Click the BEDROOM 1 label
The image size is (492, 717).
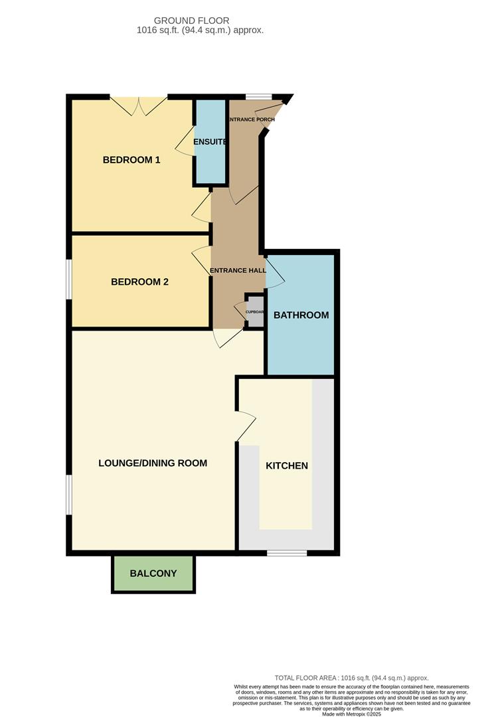click(131, 160)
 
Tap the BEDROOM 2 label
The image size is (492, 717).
click(139, 281)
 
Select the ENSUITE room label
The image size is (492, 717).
click(210, 142)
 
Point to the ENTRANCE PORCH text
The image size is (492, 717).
click(251, 119)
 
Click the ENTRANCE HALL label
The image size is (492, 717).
click(238, 271)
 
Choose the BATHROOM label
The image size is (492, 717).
click(301, 315)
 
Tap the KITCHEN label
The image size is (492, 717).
click(287, 465)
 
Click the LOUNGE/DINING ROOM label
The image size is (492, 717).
click(153, 463)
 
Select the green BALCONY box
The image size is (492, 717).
click(153, 573)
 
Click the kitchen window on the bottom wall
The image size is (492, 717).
click(286, 552)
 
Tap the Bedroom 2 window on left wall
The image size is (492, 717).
click(68, 279)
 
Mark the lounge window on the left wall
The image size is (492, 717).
click(68, 495)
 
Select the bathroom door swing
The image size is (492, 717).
click(275, 274)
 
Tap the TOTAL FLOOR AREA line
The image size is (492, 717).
click(351, 678)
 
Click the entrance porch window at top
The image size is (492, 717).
click(258, 97)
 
